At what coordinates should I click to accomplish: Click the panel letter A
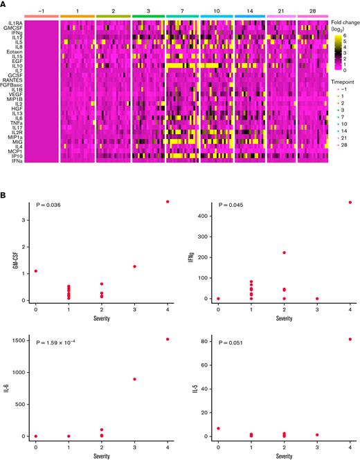coord(3,3)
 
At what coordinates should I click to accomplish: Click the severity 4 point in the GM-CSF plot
coord(167,202)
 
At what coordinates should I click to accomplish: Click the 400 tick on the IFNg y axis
coord(204,216)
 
